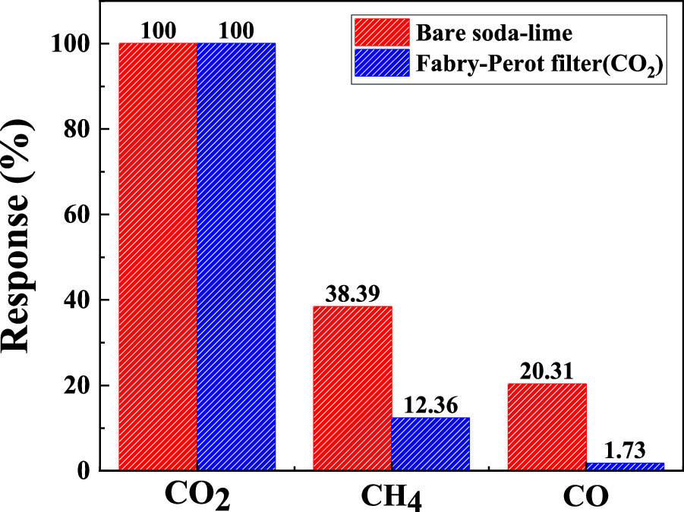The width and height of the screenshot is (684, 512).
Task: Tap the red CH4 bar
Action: (352, 388)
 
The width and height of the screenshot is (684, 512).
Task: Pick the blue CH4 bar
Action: (430, 444)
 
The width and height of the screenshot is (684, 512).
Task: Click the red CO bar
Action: (547, 426)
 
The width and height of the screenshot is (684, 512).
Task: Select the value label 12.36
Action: (430, 406)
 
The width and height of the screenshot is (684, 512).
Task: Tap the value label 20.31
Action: (547, 372)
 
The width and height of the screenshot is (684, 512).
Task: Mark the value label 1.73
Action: (625, 451)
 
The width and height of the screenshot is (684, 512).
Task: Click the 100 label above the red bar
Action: (158, 32)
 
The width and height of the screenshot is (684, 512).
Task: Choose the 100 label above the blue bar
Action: (236, 32)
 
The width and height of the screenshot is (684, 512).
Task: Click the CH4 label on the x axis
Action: (392, 498)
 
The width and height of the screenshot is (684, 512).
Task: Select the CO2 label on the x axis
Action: (198, 496)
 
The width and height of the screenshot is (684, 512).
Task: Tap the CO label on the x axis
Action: (586, 496)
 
